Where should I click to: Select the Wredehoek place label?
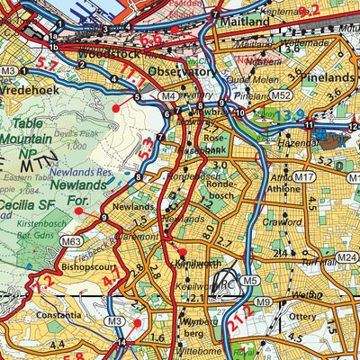[30, 90]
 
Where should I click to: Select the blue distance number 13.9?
[265, 115]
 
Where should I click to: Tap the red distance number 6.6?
[150, 39]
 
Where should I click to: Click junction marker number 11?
[308, 124]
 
